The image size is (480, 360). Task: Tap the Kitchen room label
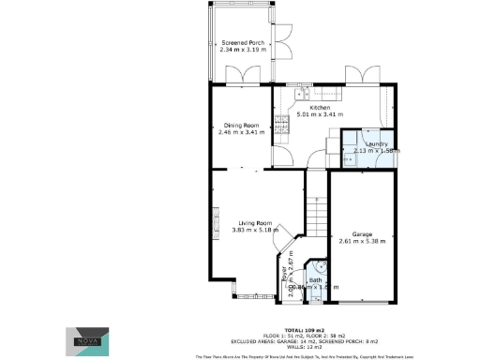point(317,107)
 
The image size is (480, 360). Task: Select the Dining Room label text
point(240,125)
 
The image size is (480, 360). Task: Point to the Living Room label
point(252,222)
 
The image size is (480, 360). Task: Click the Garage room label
point(363,232)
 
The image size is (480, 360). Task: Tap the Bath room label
point(316,280)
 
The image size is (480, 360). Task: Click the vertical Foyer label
point(284,276)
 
